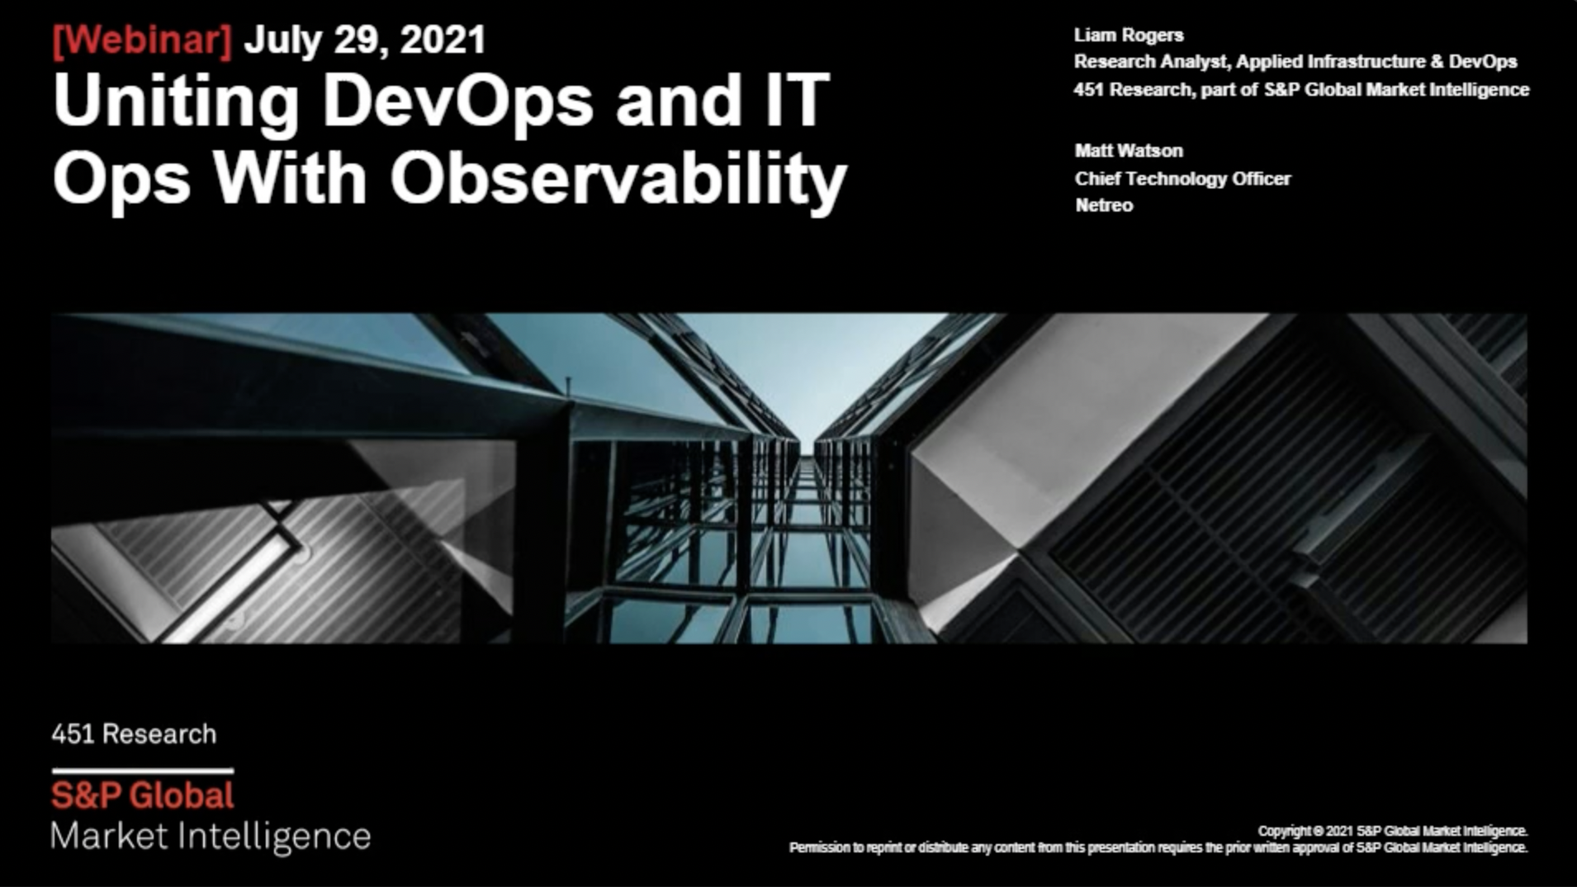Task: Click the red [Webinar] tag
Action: [142, 40]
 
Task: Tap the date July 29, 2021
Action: [365, 40]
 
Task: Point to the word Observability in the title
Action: [618, 179]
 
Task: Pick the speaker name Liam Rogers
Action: [1129, 36]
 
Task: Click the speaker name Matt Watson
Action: [1129, 151]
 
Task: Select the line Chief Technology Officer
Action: [1182, 178]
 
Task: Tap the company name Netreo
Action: [1104, 206]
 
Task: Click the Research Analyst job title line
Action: [1295, 62]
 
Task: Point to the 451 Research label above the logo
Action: [134, 734]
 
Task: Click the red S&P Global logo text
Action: [143, 795]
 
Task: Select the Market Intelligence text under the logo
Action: [211, 837]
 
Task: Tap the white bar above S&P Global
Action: [143, 771]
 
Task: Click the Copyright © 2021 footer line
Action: [1393, 831]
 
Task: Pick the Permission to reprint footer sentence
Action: [1158, 847]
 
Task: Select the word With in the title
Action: [290, 179]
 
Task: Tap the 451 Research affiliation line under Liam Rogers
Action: [1301, 89]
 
